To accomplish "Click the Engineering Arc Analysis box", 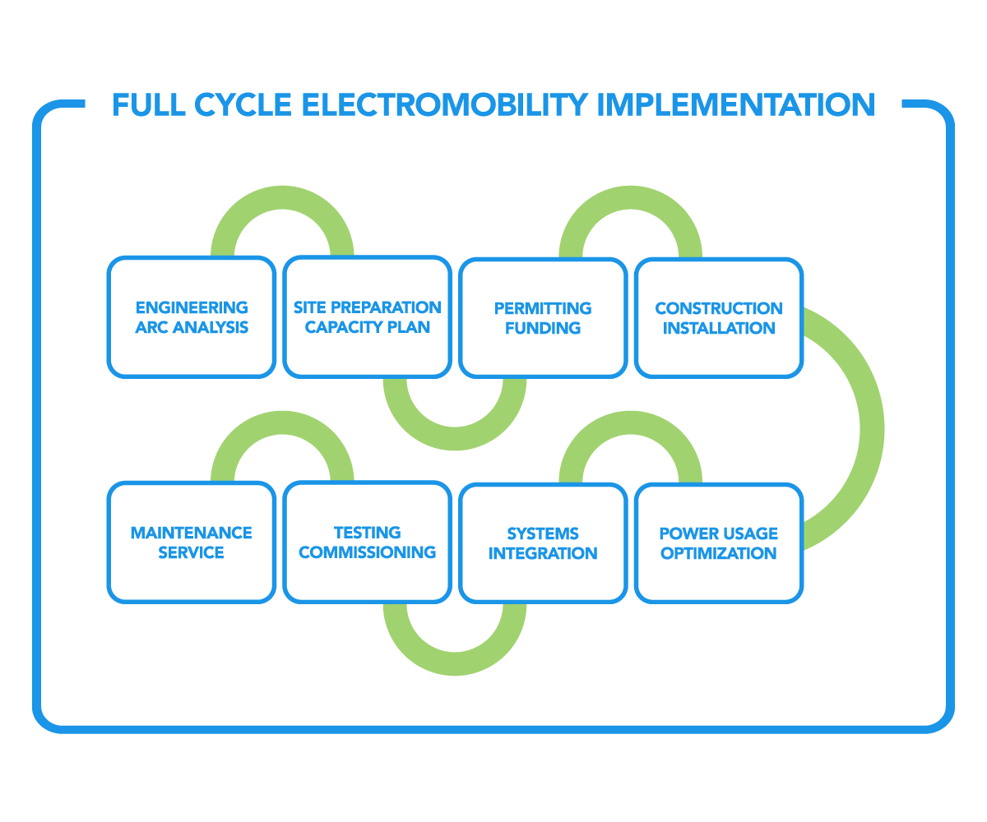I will pyautogui.click(x=191, y=317).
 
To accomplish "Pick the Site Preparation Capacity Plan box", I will pyautogui.click(x=367, y=317).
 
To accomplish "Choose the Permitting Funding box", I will pyautogui.click(x=543, y=318).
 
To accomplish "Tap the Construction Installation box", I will pyautogui.click(x=719, y=318).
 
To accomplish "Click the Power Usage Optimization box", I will pyautogui.click(x=719, y=543).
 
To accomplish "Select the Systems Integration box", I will pyautogui.click(x=543, y=543).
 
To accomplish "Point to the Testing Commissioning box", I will pyautogui.click(x=367, y=543).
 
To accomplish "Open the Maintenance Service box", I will pyautogui.click(x=191, y=543).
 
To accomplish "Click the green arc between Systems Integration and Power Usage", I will pyautogui.click(x=631, y=424).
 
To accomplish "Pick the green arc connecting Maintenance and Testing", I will pyautogui.click(x=282, y=424).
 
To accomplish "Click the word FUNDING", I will pyautogui.click(x=543, y=328).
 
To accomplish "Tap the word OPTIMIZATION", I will pyautogui.click(x=719, y=553).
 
